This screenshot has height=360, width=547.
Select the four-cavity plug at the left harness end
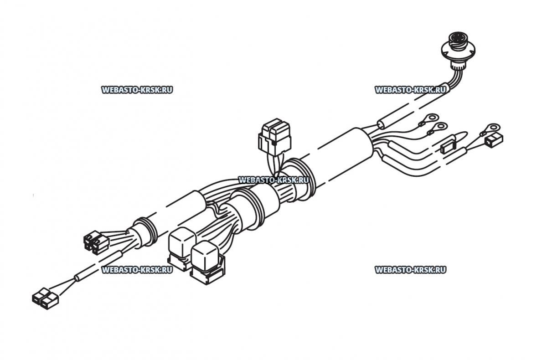coord(96,242)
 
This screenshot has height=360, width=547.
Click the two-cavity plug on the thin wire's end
coord(45,298)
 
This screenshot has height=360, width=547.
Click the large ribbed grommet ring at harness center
coord(302,178)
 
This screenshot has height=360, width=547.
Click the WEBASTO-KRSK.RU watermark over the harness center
coord(274,180)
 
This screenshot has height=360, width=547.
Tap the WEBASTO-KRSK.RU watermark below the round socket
coord(411,90)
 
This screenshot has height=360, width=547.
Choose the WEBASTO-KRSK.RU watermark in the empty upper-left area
coord(137,90)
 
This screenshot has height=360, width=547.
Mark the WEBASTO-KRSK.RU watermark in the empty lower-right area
coord(411,270)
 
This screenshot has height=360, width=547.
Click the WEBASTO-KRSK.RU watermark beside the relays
coord(137,270)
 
